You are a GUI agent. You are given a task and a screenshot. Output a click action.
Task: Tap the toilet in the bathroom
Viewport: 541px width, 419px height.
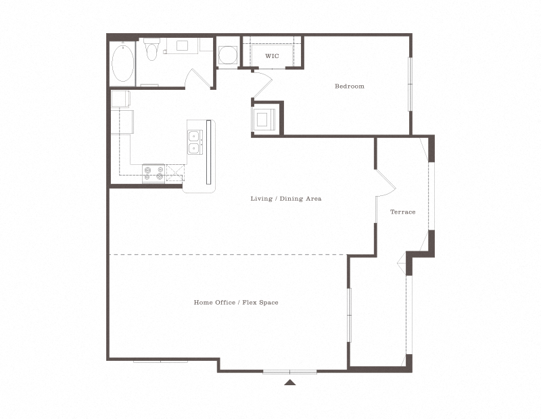click(x=152, y=50)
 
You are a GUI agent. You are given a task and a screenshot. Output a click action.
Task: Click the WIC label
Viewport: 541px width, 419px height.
click(x=272, y=55)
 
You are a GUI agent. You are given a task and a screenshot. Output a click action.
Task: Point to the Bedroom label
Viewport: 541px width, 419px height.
click(x=350, y=86)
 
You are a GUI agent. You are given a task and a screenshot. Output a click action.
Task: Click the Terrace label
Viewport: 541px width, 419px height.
click(x=402, y=212)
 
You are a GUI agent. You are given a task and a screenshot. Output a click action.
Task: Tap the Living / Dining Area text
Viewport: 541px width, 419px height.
click(x=285, y=199)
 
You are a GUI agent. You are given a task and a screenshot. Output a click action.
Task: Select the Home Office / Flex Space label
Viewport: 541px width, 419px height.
click(x=236, y=302)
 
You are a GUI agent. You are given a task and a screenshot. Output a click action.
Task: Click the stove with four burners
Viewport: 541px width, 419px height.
click(x=154, y=174)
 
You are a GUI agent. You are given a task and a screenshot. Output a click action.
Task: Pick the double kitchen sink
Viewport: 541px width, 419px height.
click(x=194, y=141)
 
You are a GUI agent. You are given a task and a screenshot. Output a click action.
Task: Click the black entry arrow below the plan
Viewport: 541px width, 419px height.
click(x=289, y=383)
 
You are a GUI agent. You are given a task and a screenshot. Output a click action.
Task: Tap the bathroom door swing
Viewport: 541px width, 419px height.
click(x=199, y=79)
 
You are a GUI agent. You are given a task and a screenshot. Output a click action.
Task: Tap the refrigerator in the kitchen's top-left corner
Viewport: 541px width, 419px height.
click(x=121, y=99)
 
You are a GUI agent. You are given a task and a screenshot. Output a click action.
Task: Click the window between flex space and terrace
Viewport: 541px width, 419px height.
click(x=349, y=316)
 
